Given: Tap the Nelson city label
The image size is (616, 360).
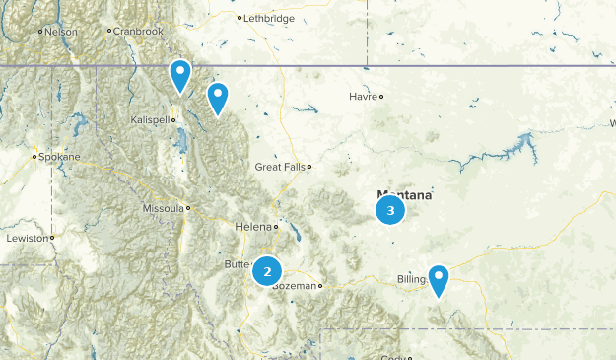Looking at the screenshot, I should [60, 32].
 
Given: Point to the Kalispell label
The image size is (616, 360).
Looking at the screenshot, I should [150, 119].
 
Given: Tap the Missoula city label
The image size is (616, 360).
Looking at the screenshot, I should [163, 209].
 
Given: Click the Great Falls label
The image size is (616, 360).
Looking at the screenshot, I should [280, 167].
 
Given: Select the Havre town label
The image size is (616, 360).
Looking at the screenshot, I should [363, 97].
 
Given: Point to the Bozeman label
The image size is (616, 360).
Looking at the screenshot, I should [297, 286].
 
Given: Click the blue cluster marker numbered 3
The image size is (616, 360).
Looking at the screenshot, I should [391, 210].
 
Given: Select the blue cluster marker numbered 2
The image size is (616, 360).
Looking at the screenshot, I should [267, 270].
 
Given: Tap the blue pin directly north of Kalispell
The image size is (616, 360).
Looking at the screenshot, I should [179, 75].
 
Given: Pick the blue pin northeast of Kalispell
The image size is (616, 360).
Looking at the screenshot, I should [217, 97].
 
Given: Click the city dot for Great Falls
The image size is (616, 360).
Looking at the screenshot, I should [308, 167].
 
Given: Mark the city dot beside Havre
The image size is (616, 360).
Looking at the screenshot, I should [381, 97].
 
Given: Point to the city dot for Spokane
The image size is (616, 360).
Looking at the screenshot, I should [34, 157].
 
